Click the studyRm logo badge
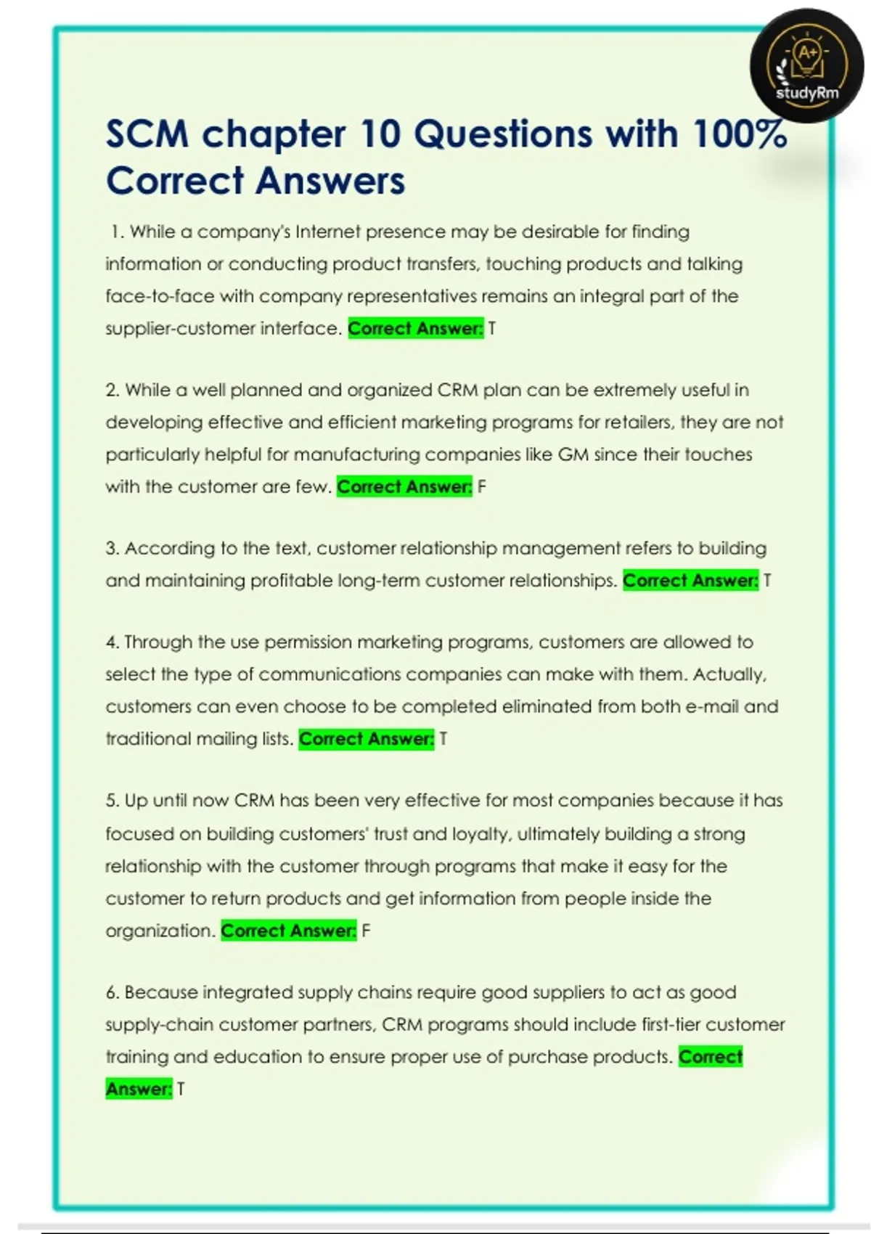coord(806,66)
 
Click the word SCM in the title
coord(147,134)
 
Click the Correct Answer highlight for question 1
coord(415,329)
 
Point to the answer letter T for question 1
coord(491,329)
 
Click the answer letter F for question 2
coord(482,487)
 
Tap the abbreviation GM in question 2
coord(573,454)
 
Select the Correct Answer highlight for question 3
coord(690,581)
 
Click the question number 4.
coord(112,642)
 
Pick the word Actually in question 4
coord(729,674)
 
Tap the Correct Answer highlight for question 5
coord(288,931)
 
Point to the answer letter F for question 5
coord(366,931)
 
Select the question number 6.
coord(112,992)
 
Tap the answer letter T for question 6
coord(181,1089)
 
